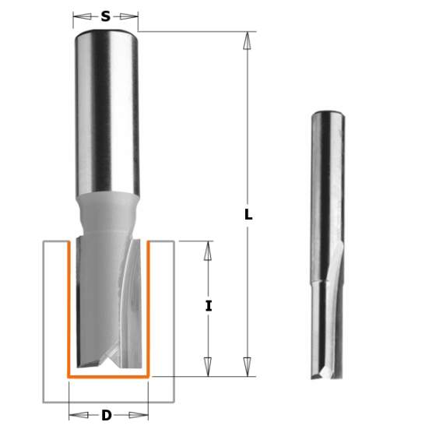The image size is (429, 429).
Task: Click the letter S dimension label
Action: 106,15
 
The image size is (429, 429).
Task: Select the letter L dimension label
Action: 248,215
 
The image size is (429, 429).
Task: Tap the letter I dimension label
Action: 208,306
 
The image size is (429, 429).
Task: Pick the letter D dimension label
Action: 107,415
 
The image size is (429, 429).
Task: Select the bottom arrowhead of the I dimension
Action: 208,367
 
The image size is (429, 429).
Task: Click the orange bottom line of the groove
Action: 107,376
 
